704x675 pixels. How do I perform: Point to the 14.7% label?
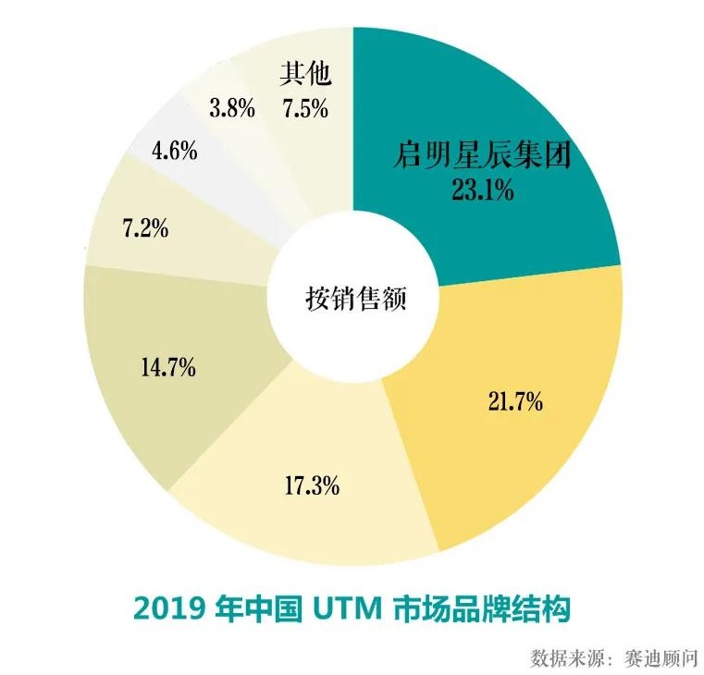point(167,367)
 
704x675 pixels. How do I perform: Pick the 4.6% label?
point(175,150)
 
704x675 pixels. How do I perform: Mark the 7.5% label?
point(304,108)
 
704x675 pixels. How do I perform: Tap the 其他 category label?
point(304,73)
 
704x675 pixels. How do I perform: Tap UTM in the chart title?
point(341,608)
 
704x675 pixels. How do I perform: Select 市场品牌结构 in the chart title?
point(480,608)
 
